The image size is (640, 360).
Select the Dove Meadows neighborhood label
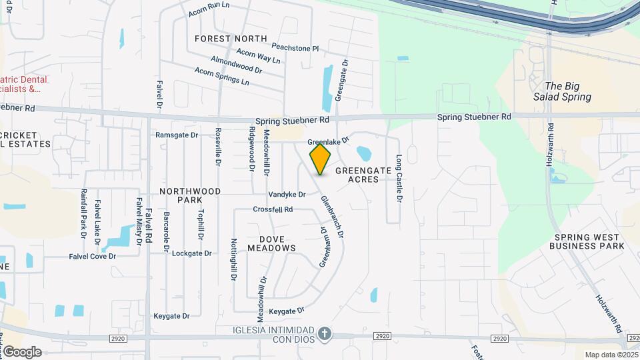click(x=271, y=243)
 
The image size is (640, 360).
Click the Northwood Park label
click(x=190, y=195)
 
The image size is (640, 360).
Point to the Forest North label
click(x=231, y=39)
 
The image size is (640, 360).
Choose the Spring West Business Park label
click(x=587, y=241)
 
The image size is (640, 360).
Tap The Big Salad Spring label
click(x=562, y=91)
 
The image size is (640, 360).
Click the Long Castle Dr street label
click(x=399, y=175)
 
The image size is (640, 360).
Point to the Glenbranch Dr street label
click(x=332, y=217)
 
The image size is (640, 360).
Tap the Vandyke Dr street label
click(x=287, y=195)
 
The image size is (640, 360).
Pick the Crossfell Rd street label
click(x=273, y=209)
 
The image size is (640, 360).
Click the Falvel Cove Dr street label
click(x=92, y=256)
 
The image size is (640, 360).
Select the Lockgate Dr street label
click(x=191, y=253)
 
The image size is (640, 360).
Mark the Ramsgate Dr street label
click(x=177, y=135)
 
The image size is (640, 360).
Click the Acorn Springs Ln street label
click(x=220, y=78)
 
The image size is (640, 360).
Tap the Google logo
click(x=21, y=352)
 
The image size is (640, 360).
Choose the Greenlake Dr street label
click(x=329, y=142)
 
